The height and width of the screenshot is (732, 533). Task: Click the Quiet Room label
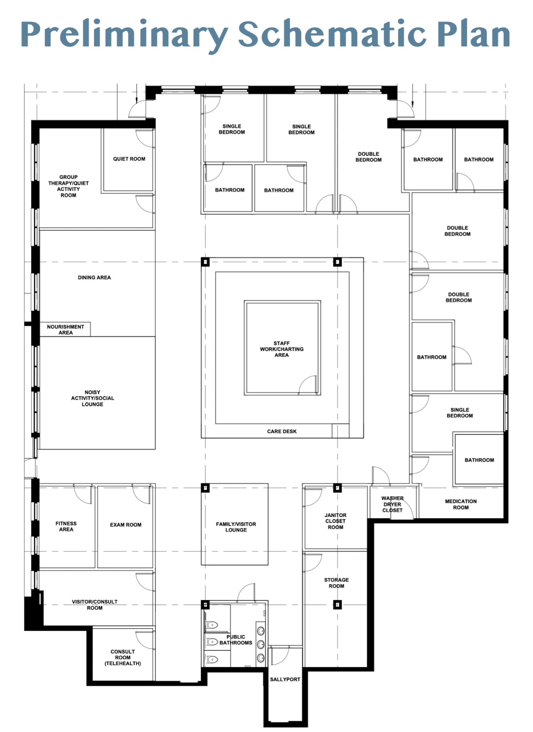(129, 159)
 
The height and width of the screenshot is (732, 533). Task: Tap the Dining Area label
(94, 277)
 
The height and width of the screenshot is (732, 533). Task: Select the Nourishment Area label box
(65, 329)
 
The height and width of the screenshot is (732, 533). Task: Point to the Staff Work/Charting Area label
(282, 349)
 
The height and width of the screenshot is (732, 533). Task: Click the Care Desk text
(282, 431)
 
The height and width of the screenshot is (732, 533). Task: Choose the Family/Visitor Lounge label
(236, 527)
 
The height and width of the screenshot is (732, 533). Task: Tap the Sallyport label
(285, 679)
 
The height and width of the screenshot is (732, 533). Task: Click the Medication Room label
(461, 504)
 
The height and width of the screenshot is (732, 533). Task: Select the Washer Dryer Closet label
(393, 504)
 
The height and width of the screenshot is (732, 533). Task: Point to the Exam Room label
(126, 525)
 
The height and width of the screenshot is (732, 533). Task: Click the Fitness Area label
(66, 526)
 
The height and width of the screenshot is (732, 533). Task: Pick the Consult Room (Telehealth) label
(123, 657)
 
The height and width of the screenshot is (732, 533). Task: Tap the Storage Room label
(337, 583)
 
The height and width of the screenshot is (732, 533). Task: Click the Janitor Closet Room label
(336, 521)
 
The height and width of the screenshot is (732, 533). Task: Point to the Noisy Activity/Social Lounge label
(93, 398)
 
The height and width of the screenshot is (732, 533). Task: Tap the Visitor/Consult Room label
(95, 605)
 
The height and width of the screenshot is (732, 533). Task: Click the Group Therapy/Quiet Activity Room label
(68, 186)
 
